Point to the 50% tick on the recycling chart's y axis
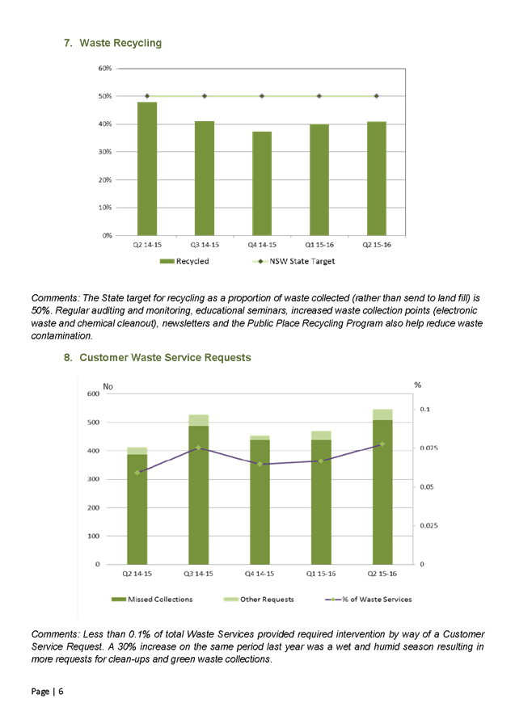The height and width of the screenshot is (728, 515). pyautogui.click(x=106, y=96)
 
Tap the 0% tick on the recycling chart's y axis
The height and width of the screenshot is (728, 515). pyautogui.click(x=108, y=235)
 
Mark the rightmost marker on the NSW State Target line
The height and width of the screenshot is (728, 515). pyautogui.click(x=377, y=96)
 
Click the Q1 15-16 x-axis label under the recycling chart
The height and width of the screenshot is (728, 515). pyautogui.click(x=319, y=243)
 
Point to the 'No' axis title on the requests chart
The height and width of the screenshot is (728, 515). pyautogui.click(x=108, y=386)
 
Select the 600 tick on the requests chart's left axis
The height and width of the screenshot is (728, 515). pyautogui.click(x=93, y=394)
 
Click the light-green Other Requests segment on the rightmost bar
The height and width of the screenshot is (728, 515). pyautogui.click(x=382, y=414)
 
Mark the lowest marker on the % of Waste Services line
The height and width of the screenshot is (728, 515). pyautogui.click(x=137, y=472)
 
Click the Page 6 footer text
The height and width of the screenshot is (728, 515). pyautogui.click(x=48, y=692)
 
